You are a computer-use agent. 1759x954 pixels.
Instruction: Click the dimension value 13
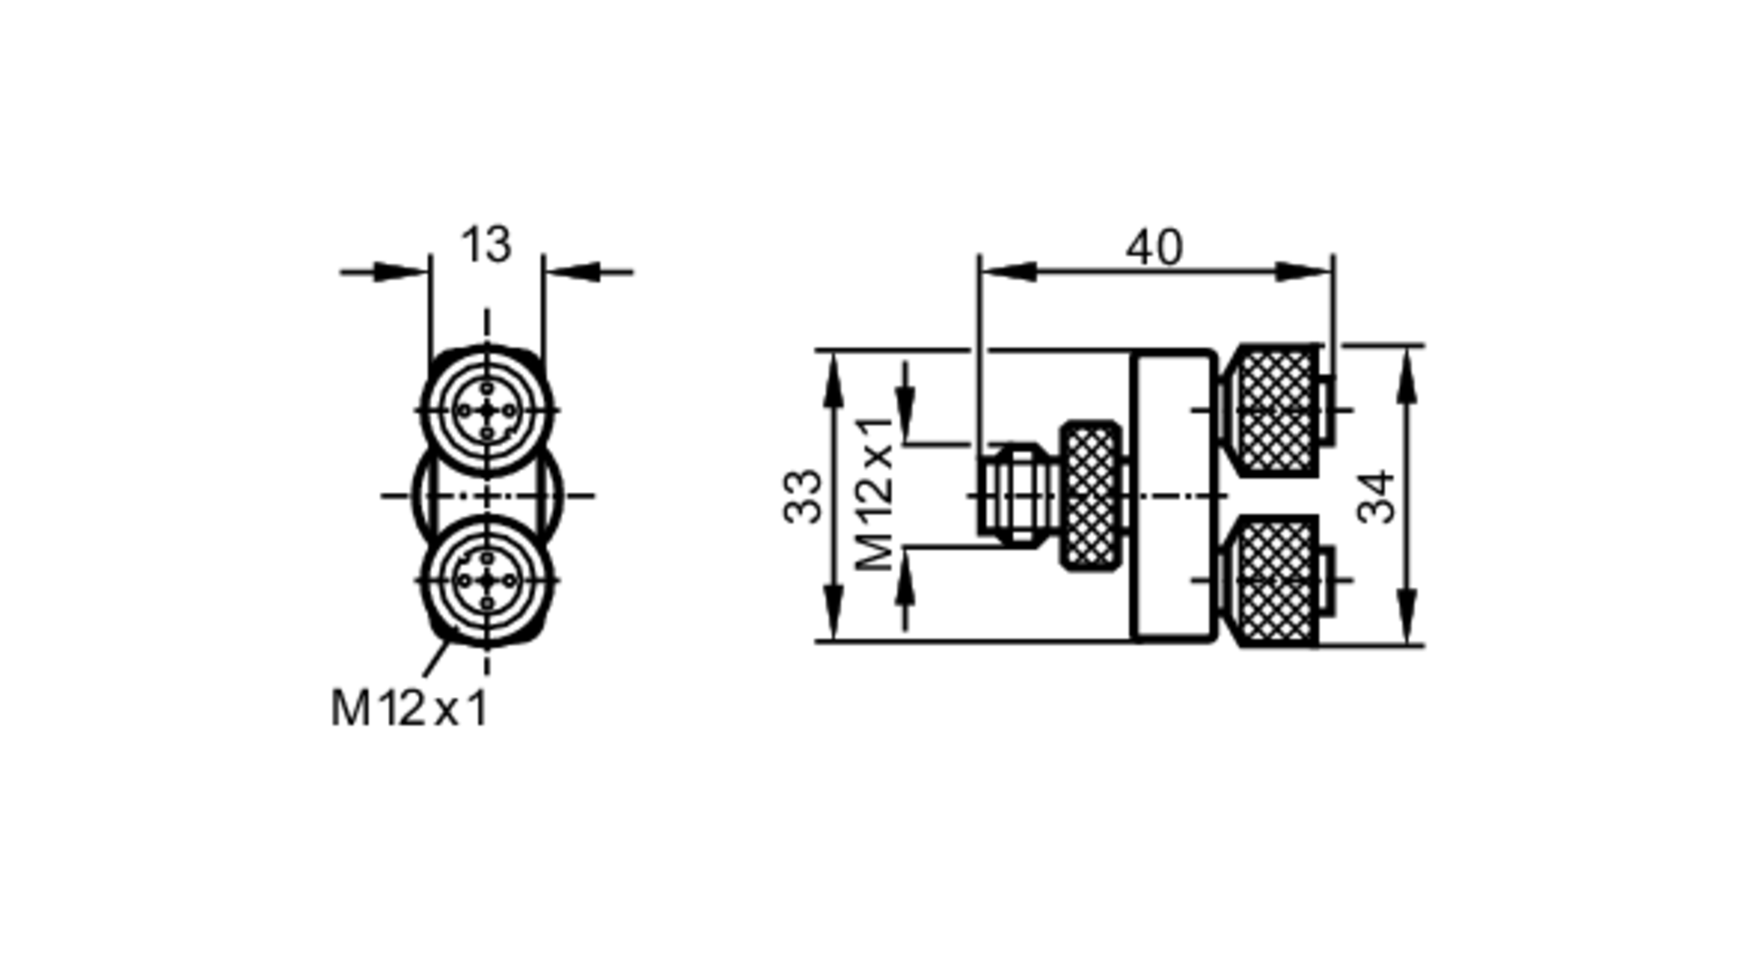485,245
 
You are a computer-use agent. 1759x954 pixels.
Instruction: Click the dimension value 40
1154,247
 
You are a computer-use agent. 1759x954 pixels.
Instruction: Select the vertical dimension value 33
803,497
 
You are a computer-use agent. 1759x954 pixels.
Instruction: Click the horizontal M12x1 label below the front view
409,708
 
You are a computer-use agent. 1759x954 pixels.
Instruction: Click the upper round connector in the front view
487,410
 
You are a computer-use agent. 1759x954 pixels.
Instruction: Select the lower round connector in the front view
487,580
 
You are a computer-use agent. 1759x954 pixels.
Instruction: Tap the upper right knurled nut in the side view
1275,410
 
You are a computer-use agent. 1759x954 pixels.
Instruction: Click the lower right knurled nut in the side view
1275,580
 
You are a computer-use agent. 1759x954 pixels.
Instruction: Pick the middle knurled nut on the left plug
1091,495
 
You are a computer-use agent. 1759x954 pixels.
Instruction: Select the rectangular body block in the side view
1175,495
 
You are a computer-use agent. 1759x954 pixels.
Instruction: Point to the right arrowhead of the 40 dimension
1306,271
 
